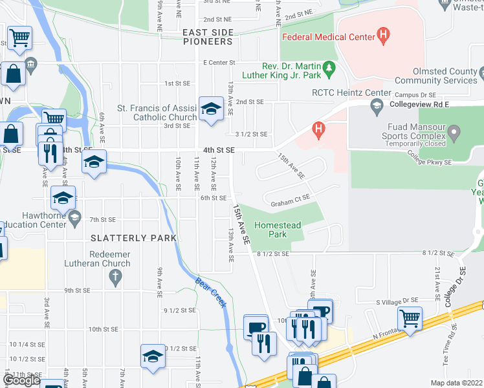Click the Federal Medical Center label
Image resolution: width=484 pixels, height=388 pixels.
[328, 37]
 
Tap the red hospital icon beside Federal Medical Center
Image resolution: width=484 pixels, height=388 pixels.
[384, 34]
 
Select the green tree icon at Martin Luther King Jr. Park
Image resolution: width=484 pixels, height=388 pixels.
[330, 67]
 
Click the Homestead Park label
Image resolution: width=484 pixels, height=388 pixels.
[278, 230]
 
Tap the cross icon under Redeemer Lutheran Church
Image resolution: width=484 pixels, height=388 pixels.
[115, 278]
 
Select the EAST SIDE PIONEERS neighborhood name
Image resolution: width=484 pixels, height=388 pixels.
[207, 37]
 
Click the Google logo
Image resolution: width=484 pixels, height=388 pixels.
[21, 380]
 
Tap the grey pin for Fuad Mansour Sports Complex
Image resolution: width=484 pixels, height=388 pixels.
[454, 134]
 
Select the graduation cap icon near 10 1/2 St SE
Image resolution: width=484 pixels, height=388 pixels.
[153, 356]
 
